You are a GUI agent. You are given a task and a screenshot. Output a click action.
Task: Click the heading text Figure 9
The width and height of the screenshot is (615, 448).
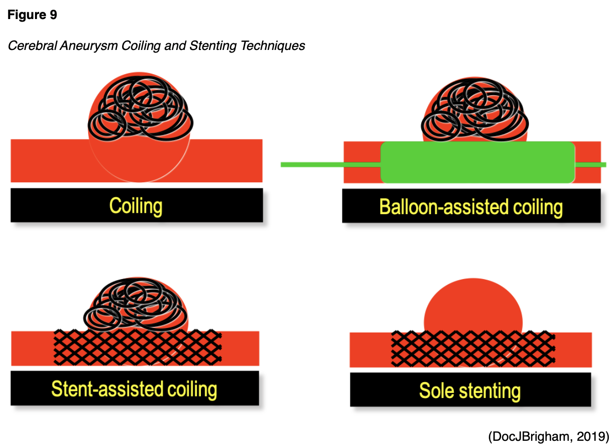tap(32, 15)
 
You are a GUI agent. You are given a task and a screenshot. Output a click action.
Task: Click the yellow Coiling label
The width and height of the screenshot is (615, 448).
tap(136, 205)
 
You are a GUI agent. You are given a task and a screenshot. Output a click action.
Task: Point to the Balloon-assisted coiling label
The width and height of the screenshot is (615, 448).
tap(471, 207)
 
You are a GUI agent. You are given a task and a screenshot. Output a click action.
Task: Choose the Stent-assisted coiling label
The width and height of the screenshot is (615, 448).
tap(134, 389)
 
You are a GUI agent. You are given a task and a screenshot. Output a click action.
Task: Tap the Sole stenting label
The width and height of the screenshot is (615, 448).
tap(470, 391)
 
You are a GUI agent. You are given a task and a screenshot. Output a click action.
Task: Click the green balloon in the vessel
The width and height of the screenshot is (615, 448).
tap(477, 162)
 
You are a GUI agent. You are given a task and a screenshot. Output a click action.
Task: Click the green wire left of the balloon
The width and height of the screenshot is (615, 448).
tap(330, 164)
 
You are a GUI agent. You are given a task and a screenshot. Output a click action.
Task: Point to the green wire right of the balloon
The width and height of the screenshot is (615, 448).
tap(590, 164)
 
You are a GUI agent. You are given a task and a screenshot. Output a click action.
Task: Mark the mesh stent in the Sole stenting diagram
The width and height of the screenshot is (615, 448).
tap(473, 348)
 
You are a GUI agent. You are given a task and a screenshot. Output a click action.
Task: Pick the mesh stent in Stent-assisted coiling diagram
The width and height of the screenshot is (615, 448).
tap(138, 346)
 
